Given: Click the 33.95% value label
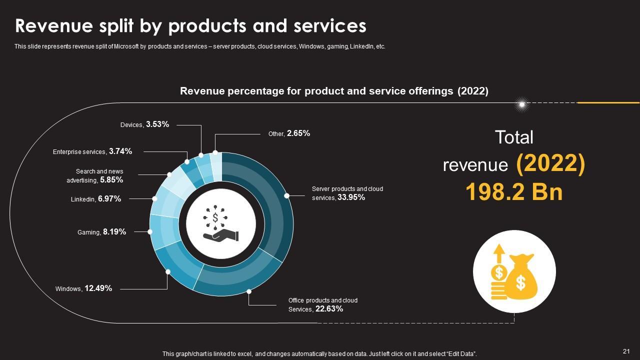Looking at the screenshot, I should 351,197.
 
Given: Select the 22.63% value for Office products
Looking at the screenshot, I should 329,309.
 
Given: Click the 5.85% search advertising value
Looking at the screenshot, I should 111,180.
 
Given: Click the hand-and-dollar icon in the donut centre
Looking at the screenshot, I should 220,222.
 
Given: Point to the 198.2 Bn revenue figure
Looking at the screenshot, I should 514,192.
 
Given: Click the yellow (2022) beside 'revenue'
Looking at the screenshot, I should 550,164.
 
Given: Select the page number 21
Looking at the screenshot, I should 626,351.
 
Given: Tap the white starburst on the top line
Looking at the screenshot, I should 522,104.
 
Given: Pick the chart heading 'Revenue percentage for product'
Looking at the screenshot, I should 272,91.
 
